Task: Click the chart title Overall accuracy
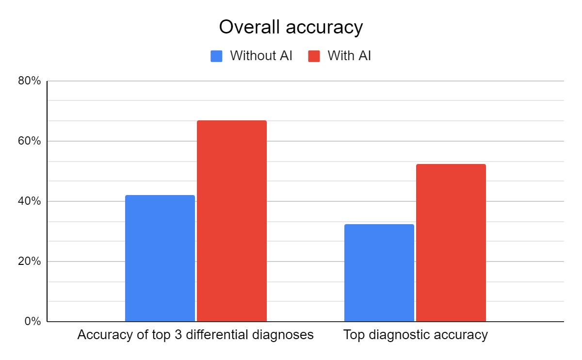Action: (x=291, y=27)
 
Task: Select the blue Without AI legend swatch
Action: (x=216, y=56)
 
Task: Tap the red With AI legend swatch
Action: (x=314, y=56)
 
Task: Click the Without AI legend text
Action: (x=261, y=56)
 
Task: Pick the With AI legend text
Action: (x=349, y=56)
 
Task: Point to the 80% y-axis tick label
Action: (x=30, y=81)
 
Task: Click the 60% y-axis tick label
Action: (x=30, y=141)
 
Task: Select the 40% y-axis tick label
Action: (x=30, y=201)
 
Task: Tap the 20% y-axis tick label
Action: (x=30, y=262)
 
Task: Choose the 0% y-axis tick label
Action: (x=32, y=322)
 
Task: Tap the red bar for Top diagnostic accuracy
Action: (x=451, y=243)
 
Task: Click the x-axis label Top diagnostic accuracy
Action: (x=415, y=335)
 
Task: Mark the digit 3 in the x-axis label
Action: (x=179, y=335)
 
